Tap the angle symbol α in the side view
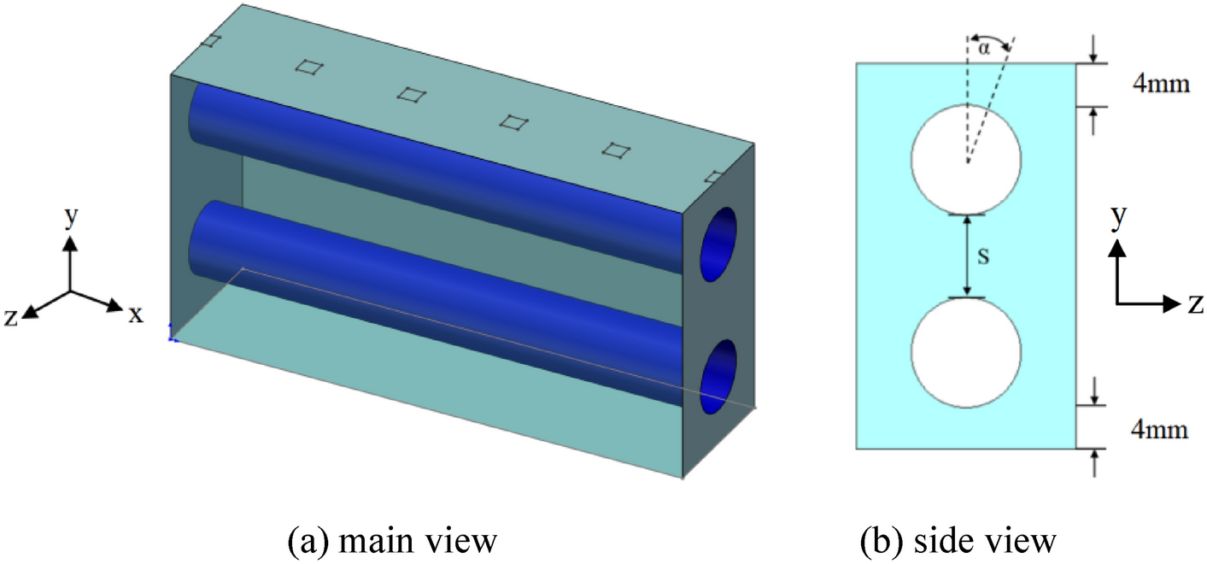pos(984,49)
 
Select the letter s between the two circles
pos(982,256)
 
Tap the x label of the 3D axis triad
pos(135,314)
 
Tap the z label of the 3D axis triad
pos(12,318)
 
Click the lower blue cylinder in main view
pos(427,295)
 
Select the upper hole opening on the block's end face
pos(718,243)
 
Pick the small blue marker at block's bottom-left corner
pos(173,335)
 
